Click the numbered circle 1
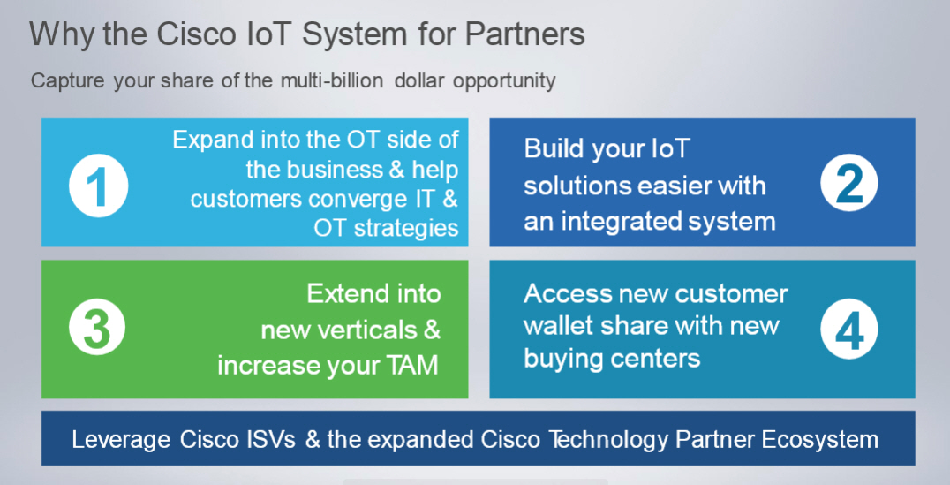[98, 186]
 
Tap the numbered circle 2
[848, 183]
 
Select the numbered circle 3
[97, 328]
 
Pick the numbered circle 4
[848, 329]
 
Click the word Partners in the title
[524, 34]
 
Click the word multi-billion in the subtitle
[331, 80]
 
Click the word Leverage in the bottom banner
[121, 440]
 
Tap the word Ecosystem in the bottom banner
[819, 440]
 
